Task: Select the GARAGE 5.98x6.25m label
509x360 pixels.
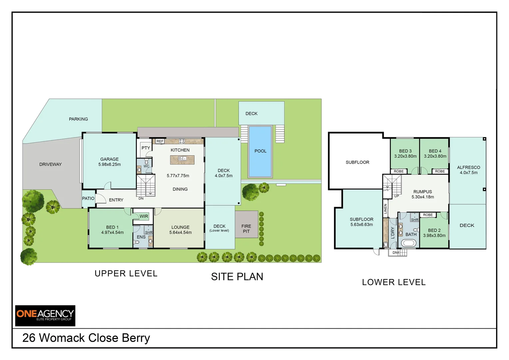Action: pos(110,162)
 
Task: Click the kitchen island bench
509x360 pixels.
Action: pos(182,160)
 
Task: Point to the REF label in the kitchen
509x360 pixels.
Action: pos(160,141)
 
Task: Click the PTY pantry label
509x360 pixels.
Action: pos(146,148)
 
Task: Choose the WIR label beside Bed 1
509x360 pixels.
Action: pos(144,216)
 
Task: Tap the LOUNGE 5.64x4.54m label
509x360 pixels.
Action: pos(180,230)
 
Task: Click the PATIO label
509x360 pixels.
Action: pos(88,198)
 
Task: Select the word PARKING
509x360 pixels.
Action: pos(78,119)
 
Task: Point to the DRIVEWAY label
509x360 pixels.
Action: pos(50,164)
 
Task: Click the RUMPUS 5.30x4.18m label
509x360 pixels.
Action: pos(423,194)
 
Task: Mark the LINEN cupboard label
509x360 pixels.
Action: pos(385,209)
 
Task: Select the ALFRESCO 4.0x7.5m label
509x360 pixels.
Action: pos(468,170)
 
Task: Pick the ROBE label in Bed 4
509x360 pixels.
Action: pos(440,171)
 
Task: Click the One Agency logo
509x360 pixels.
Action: pos(45,315)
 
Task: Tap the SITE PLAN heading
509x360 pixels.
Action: pos(237,277)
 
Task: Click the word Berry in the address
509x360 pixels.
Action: pos(136,338)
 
